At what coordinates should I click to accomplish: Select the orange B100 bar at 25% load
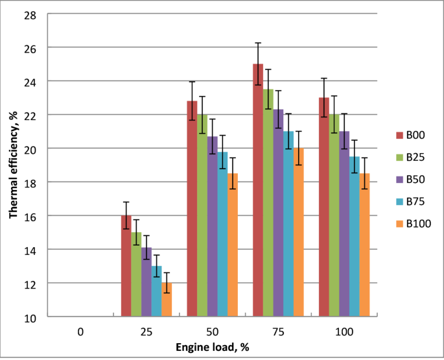click(x=167, y=300)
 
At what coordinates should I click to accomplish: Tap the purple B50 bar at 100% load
click(x=344, y=224)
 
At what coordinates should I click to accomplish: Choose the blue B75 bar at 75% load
click(x=288, y=224)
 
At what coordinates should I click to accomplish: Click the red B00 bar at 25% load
click(x=126, y=267)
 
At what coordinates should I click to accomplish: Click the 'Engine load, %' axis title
click(x=212, y=347)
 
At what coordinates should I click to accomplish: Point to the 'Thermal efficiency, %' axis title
click(x=13, y=166)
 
